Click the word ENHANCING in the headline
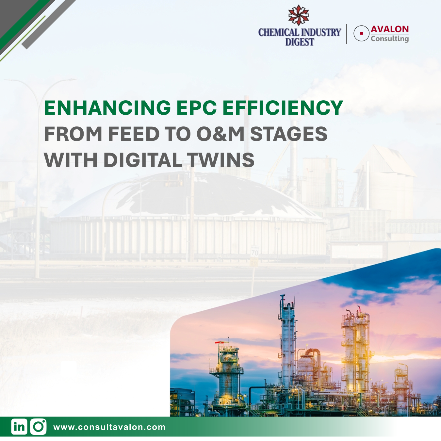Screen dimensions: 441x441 [107, 108]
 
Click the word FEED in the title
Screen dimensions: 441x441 [134, 134]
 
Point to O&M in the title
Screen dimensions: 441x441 [220, 134]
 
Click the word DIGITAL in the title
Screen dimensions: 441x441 [142, 160]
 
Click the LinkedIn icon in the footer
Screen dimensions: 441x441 [19, 427]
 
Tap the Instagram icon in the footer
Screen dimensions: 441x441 [39, 427]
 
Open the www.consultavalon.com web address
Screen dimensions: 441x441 [109, 427]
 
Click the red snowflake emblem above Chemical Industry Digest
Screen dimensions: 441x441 [299, 15]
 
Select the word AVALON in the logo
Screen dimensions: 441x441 [390, 29]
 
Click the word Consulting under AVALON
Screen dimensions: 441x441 [390, 39]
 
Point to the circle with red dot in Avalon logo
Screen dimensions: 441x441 [361, 33]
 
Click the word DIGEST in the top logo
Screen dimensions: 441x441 [300, 42]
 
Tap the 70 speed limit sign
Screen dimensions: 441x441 [254, 252]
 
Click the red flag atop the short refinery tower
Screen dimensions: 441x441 [218, 342]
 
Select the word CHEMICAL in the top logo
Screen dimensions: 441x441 [278, 32]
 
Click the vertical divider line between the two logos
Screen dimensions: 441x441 [347, 34]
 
